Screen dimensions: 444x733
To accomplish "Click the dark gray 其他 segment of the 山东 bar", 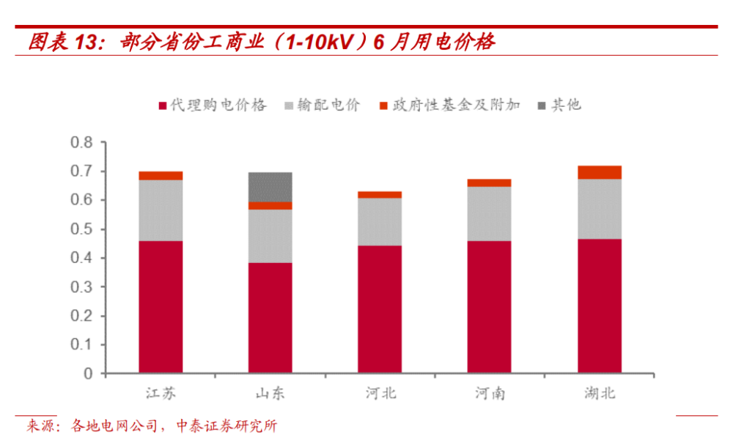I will click(270, 187).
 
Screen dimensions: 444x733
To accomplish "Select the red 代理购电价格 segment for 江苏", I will click(161, 307).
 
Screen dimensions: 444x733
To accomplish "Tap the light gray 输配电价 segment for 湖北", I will click(599, 209).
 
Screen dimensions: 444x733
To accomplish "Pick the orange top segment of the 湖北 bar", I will click(599, 172).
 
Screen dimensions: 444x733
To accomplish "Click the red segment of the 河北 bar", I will click(380, 309).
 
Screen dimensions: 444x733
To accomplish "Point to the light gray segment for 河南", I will click(489, 214).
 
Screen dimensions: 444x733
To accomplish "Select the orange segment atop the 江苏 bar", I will click(161, 175).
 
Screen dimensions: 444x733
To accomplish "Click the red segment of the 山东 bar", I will click(270, 318).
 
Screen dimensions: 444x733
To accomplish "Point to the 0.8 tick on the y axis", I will click(82, 142).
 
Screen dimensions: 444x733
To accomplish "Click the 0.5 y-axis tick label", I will click(82, 229).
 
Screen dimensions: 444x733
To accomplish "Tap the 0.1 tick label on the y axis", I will click(82, 345).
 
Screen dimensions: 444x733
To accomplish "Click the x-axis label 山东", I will click(270, 393).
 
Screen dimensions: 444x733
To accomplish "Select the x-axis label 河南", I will click(489, 393).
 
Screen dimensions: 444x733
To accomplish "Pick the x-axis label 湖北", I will click(600, 393).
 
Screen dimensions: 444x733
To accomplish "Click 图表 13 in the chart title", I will click(63, 42).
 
